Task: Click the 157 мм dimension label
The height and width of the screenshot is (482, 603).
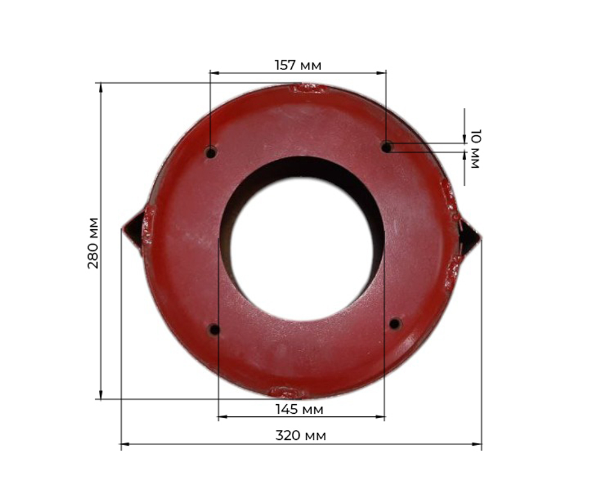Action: (298, 65)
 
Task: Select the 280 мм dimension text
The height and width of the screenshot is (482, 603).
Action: (93, 243)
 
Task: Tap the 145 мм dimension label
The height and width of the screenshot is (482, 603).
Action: (299, 409)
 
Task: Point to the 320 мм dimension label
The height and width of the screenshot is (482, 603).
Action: (301, 436)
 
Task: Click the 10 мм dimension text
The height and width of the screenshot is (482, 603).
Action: (476, 149)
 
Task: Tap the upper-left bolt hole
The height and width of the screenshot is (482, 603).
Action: (211, 153)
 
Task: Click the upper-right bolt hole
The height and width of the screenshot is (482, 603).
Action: (387, 147)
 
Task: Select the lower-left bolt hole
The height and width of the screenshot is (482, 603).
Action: (215, 329)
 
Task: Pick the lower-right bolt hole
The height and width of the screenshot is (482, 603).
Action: (395, 324)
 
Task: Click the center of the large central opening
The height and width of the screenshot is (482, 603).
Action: (302, 246)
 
